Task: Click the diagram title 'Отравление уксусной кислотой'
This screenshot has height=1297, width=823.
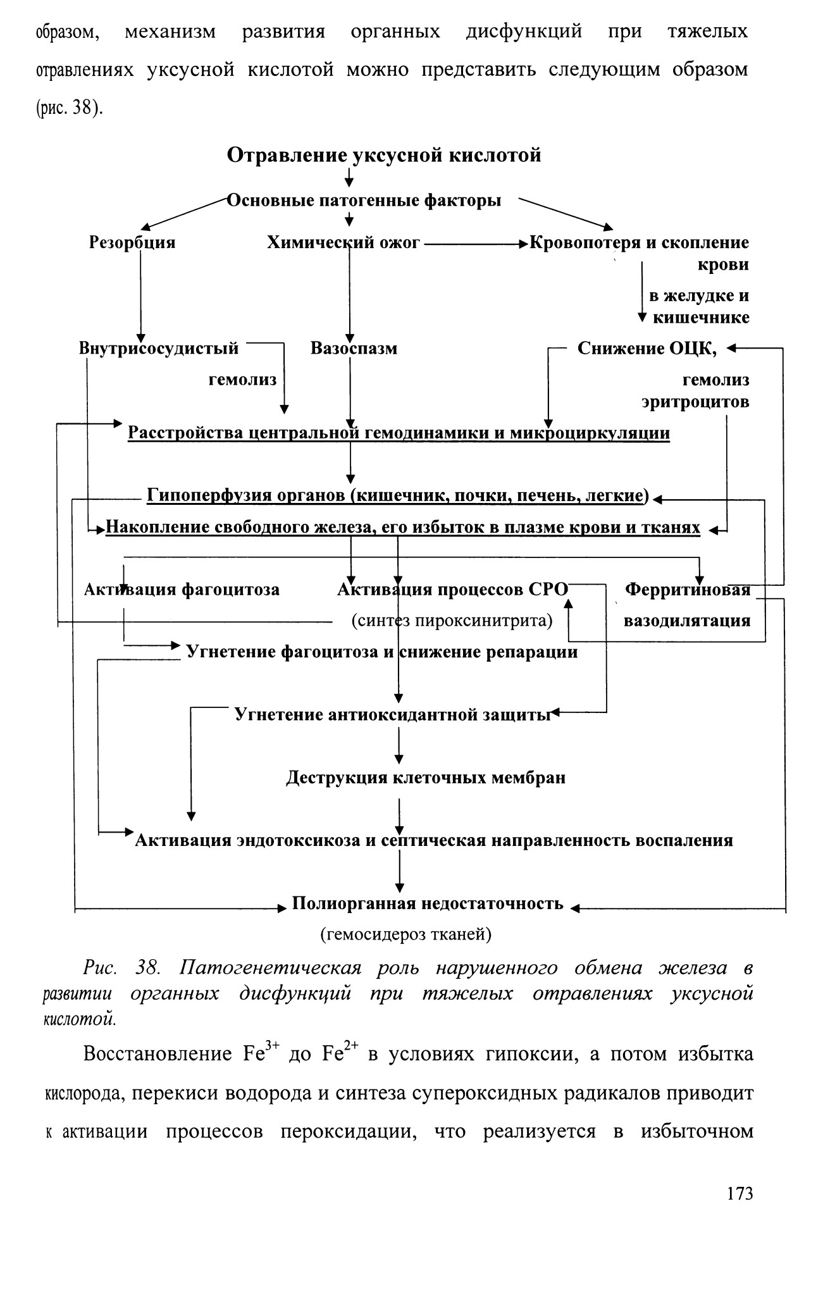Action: coord(384,155)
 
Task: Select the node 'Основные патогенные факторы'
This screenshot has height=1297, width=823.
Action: coord(364,201)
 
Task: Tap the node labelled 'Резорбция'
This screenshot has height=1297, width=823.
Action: coord(132,242)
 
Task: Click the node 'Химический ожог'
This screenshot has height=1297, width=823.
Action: coord(343,242)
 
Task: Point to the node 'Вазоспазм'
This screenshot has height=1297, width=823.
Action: coord(354,348)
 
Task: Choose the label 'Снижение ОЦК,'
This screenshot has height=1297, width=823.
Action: coord(647,348)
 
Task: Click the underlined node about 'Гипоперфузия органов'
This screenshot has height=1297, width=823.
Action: coord(398,495)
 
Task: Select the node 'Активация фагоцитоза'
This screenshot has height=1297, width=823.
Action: coord(182,590)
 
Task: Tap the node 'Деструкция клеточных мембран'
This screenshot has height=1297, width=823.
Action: coord(426,777)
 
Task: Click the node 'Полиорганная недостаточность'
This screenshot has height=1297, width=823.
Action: coord(428,903)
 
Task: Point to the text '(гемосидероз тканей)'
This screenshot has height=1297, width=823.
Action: coord(405,934)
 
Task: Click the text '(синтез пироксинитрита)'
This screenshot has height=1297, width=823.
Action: coord(452,621)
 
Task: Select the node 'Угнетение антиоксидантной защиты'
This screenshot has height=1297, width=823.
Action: coord(393,714)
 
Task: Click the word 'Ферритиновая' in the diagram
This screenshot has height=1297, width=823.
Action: coord(688,590)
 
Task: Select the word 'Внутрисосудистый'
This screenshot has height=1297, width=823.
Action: coord(159,348)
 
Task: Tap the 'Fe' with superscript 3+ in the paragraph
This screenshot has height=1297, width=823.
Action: coord(257,1054)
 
